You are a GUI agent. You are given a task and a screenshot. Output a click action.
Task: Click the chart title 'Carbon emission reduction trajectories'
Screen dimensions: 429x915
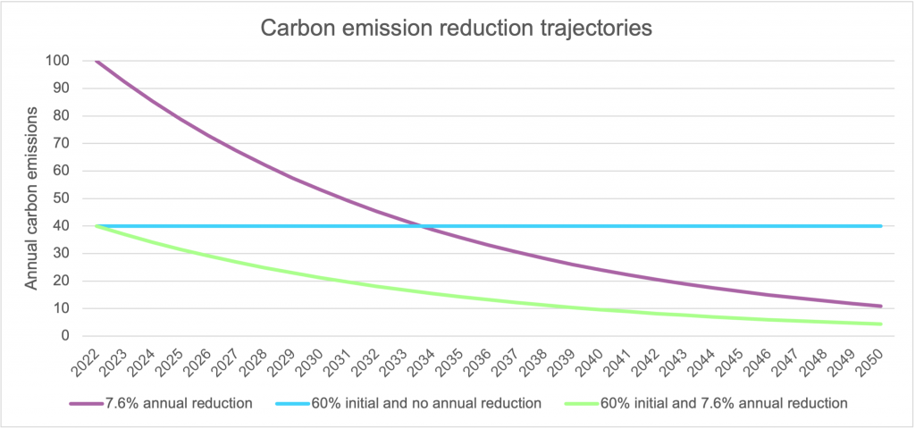click(457, 28)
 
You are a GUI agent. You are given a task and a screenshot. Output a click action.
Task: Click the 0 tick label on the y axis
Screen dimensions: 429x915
click(64, 336)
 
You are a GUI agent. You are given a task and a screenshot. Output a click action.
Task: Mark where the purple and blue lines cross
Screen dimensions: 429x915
click(421, 226)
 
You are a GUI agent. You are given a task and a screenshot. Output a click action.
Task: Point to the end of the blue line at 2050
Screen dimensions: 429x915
click(882, 226)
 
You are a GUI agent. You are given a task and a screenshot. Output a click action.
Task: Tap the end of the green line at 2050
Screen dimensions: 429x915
click(882, 324)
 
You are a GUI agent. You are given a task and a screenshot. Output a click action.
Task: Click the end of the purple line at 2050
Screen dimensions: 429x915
click(882, 307)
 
